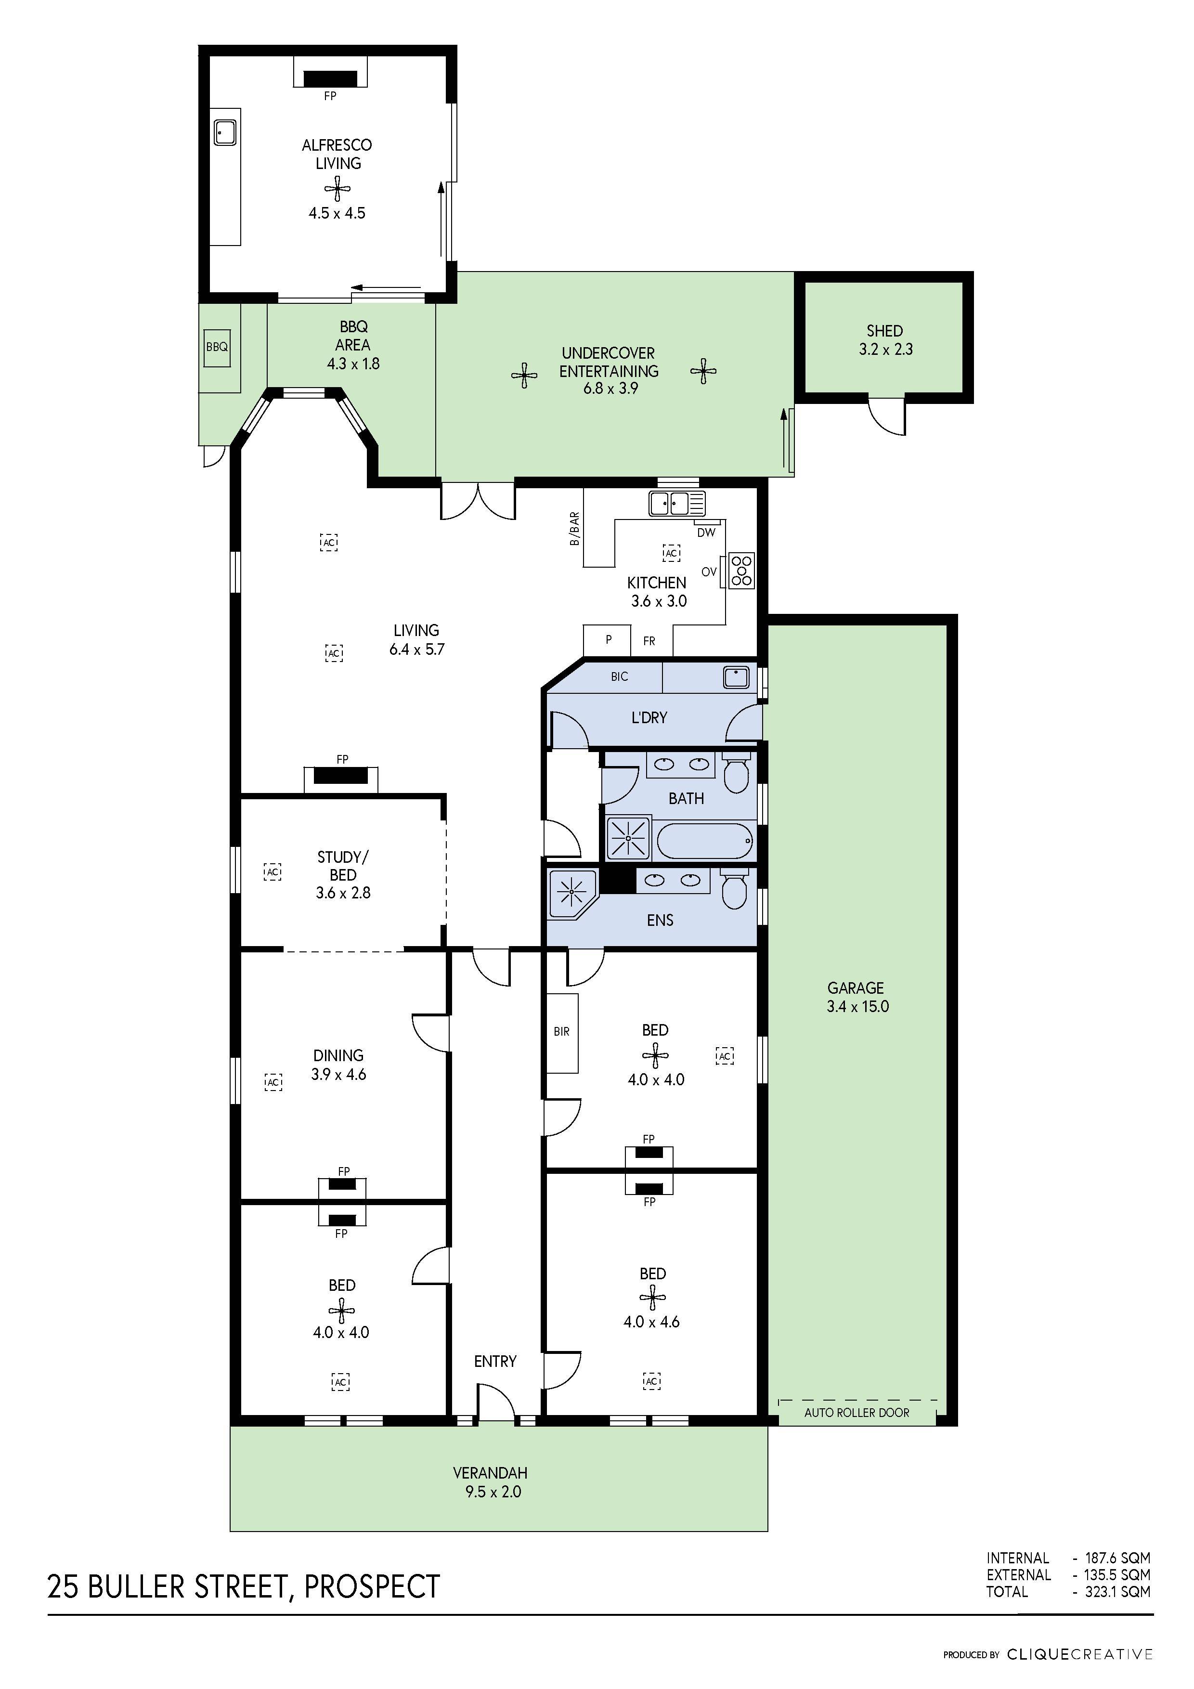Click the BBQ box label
[x=217, y=347]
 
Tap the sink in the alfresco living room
[x=224, y=132]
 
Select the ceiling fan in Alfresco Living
[x=337, y=190]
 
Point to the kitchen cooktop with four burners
[x=741, y=570]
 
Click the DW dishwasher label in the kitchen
[x=705, y=532]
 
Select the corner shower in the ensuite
[x=571, y=892]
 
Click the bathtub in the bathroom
[x=704, y=840]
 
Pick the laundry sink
[x=735, y=676]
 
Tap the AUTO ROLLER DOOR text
[x=857, y=1413]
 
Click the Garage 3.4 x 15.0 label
[x=857, y=997]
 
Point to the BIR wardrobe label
[x=561, y=1031]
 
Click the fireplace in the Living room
[x=340, y=776]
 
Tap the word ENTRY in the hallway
[x=495, y=1361]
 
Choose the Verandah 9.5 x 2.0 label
[x=490, y=1482]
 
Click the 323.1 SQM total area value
[x=1117, y=1591]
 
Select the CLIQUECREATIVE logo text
[x=1079, y=1654]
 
